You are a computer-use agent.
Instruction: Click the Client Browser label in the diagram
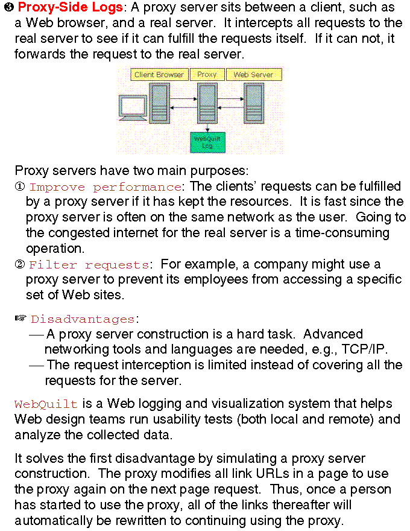click(159, 75)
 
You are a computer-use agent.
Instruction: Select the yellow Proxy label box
click(207, 75)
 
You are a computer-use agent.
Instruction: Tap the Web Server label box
click(253, 75)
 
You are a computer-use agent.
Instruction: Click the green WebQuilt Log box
click(207, 142)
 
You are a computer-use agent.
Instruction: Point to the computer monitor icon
click(133, 107)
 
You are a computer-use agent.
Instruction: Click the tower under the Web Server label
click(254, 103)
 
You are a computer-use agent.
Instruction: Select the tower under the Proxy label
click(207, 103)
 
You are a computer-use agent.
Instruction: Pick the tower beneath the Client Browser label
click(159, 103)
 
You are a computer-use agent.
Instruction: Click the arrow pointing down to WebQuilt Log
click(207, 127)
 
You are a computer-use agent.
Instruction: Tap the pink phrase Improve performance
click(106, 187)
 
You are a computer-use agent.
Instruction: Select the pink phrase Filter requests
click(89, 265)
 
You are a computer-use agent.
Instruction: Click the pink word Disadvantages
click(83, 319)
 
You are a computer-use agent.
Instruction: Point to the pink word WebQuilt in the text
click(46, 404)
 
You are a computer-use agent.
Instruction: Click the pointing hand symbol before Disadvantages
click(21, 318)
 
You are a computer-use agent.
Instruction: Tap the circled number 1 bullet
click(19, 187)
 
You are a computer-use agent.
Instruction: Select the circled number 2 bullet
click(19, 265)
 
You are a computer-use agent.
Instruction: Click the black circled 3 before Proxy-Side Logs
click(9, 8)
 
